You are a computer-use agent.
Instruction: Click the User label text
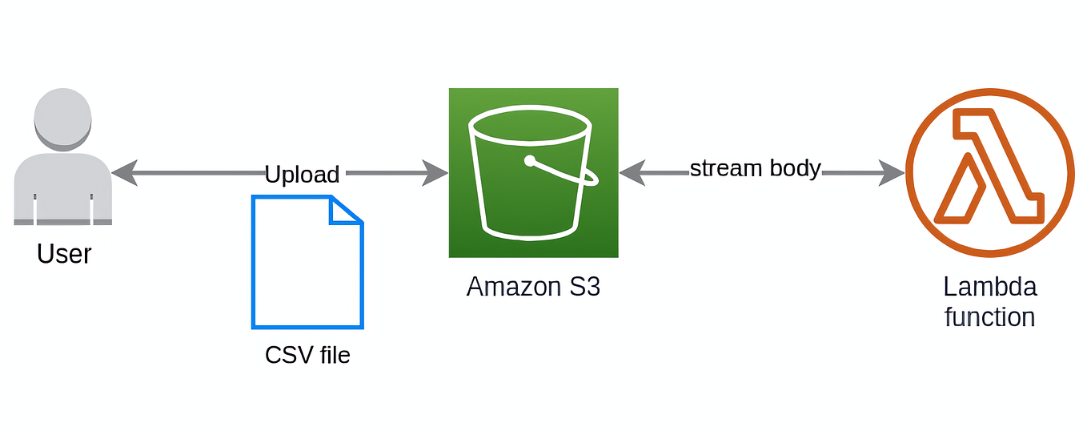[x=64, y=254]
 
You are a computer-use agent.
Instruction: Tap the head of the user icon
[x=62, y=119]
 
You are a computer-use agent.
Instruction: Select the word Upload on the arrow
[x=302, y=175]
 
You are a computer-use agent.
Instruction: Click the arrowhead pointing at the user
[x=125, y=173]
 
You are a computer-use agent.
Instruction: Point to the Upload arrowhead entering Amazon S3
[x=435, y=173]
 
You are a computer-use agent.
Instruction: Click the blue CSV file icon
[x=307, y=262]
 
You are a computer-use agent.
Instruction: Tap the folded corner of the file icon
[x=346, y=210]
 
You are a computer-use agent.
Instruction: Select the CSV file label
[x=307, y=355]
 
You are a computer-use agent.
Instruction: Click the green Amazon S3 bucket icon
[x=533, y=173]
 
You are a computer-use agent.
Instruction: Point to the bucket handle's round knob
[x=530, y=161]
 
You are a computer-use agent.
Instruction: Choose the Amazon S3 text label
[x=533, y=287]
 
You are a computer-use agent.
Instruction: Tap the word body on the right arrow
[x=796, y=168]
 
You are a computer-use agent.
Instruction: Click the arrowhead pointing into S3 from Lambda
[x=633, y=173]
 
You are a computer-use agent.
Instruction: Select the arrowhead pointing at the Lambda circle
[x=892, y=173]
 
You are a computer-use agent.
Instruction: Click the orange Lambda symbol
[x=990, y=173]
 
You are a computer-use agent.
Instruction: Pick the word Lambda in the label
[x=990, y=287]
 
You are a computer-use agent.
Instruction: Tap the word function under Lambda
[x=990, y=317]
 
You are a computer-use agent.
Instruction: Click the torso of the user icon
[x=63, y=189]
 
